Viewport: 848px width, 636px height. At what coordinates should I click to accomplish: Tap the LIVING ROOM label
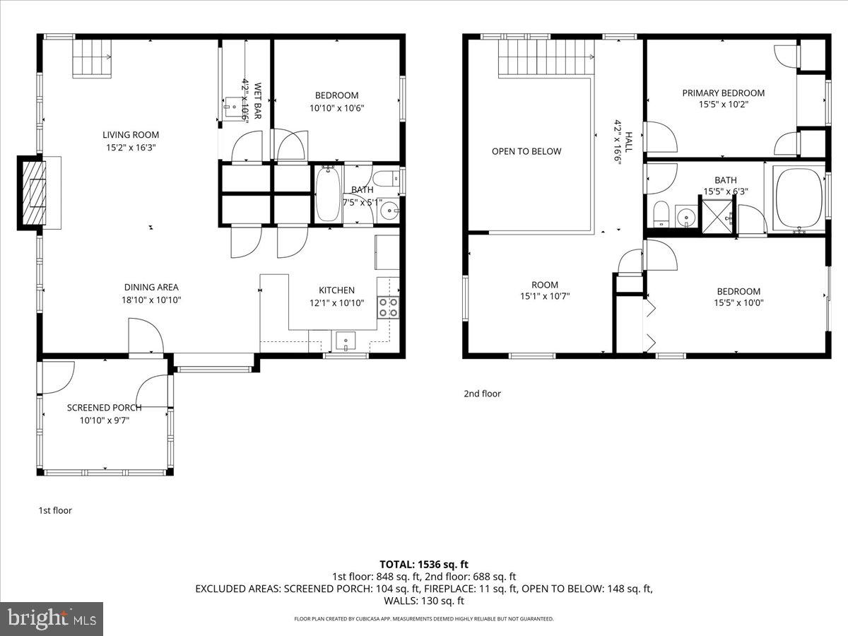coord(131,135)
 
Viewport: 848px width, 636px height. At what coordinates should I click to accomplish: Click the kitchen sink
coord(346,341)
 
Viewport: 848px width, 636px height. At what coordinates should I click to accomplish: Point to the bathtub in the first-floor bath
coord(327,194)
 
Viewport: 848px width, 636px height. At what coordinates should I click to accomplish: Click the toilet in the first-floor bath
coord(386,179)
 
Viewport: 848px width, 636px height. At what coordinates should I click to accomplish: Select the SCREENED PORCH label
coord(104,408)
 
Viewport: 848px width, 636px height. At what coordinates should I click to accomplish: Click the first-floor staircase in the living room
coord(92,57)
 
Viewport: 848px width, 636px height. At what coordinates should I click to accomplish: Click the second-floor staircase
coord(545,57)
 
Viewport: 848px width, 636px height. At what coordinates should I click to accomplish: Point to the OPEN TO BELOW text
coord(526,151)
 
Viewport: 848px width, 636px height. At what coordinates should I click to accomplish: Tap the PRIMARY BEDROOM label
coord(723,93)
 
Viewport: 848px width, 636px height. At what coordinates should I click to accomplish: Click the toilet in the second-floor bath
coord(661,213)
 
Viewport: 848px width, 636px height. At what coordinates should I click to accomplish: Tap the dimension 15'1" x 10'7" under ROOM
coord(545,297)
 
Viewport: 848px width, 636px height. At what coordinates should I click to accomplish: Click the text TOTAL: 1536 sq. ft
coord(424,564)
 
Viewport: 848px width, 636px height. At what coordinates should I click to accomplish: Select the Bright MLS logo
coord(52,619)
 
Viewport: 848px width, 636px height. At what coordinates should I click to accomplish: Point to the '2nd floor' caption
coord(482,394)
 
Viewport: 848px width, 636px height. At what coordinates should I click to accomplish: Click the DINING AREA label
coord(151,288)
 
